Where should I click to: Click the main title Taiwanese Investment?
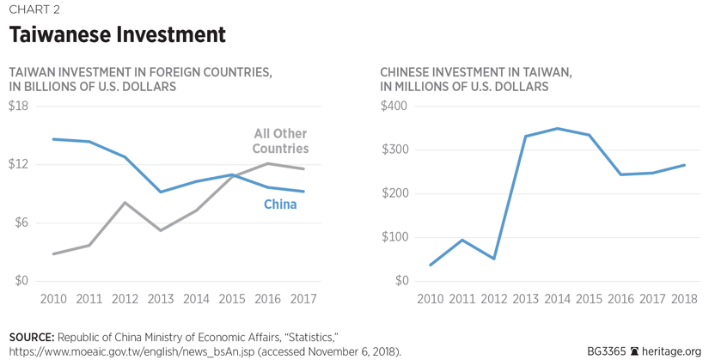118,35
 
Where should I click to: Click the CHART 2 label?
35,9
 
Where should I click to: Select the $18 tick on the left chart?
18,107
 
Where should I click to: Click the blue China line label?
280,204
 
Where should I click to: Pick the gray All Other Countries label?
280,141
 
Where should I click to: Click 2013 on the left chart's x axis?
161,299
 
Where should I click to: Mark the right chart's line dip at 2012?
494,259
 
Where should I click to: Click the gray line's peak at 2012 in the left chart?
125,203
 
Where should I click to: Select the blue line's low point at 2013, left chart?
161,192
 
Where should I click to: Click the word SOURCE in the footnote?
33,336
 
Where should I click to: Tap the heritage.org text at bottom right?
671,351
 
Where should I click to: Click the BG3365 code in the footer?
607,351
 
